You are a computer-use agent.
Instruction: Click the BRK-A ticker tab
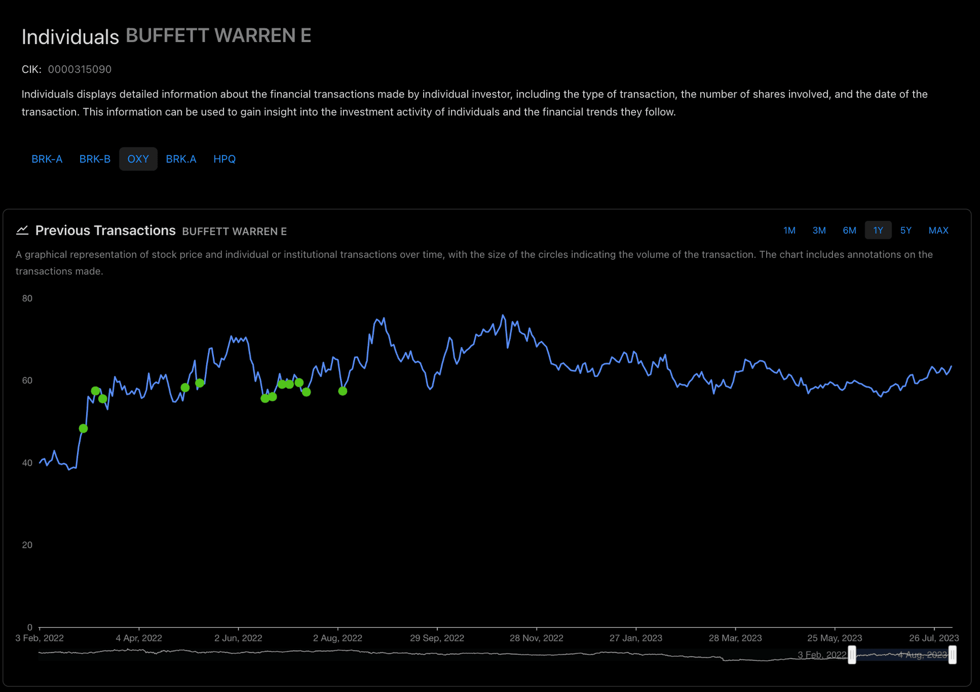[x=47, y=159]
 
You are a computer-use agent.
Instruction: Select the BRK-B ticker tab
[x=95, y=159]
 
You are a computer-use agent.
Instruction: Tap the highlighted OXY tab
[x=138, y=159]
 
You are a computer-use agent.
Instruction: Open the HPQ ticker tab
[x=224, y=159]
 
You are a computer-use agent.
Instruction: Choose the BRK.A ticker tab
[x=181, y=159]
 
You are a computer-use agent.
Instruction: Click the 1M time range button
[x=789, y=231]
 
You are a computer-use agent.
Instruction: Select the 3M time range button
[x=819, y=231]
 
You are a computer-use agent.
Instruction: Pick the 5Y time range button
[x=905, y=231]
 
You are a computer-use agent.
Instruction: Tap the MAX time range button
[x=938, y=231]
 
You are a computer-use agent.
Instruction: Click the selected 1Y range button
[x=878, y=231]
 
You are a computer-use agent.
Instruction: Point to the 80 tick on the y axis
[x=27, y=299]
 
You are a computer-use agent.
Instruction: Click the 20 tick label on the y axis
[x=27, y=545]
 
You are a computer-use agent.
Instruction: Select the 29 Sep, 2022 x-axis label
[x=437, y=638]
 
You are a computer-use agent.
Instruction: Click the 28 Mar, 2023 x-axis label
[x=735, y=638]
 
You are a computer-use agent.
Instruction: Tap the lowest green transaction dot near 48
[x=83, y=429]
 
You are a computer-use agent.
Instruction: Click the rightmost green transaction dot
[x=342, y=391]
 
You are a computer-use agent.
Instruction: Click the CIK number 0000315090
[x=80, y=69]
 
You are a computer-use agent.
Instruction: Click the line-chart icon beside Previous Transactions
[x=22, y=231]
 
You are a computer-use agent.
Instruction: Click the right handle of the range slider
[x=952, y=655]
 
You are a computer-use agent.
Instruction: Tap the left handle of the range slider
[x=852, y=655]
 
